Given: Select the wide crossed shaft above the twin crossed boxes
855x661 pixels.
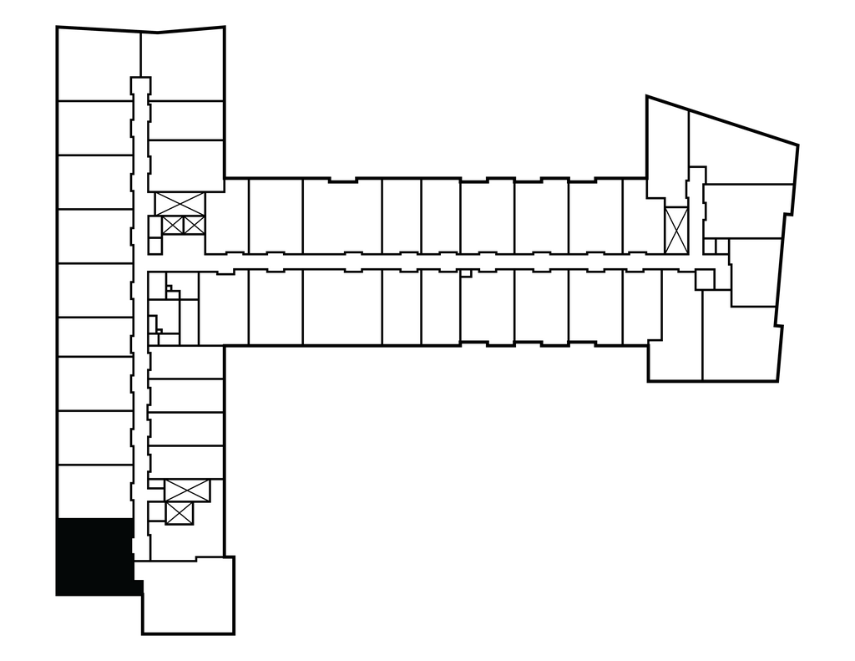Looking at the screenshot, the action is (180, 202).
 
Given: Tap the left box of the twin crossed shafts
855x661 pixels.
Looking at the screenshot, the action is (173, 225).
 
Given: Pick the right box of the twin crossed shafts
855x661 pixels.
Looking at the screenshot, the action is (193, 225).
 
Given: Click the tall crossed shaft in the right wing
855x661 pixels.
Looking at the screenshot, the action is (675, 230).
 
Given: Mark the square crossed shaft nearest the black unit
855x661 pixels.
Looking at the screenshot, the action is (180, 514).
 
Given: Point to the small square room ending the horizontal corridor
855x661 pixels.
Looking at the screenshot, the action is (705, 279).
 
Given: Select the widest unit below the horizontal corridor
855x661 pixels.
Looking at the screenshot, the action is (341, 307).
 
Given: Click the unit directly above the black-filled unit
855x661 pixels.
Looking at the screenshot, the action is (94, 492).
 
